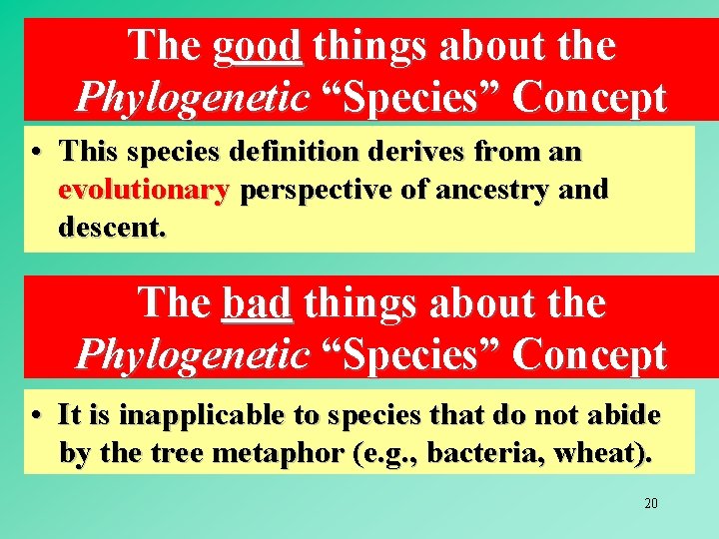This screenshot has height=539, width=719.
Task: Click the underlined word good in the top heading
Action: [257, 45]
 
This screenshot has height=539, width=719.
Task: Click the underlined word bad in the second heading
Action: [257, 302]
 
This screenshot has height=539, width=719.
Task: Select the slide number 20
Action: [650, 503]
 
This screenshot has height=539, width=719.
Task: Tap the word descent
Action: [113, 228]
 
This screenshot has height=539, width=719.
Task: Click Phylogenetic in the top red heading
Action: [193, 97]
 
